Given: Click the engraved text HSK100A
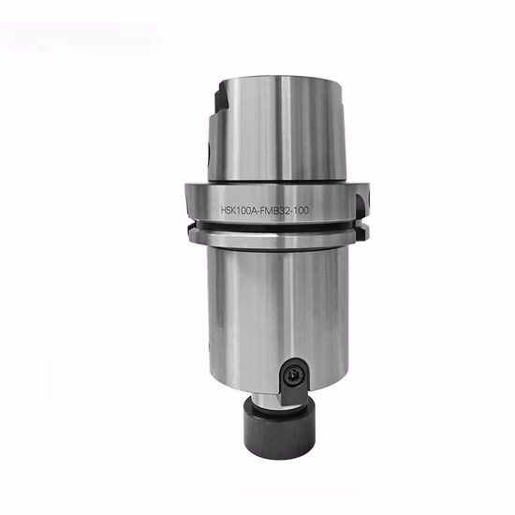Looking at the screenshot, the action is point(238,210).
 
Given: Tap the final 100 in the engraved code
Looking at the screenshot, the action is point(302,211).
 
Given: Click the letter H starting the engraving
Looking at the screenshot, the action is point(224,210).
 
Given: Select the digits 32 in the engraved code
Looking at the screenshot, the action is point(284,211).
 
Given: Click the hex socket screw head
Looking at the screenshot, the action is point(293,375).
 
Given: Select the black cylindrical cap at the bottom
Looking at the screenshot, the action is point(279,431).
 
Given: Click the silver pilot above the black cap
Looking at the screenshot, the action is point(268,401).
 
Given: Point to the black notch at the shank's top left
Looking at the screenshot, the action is point(221,98).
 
